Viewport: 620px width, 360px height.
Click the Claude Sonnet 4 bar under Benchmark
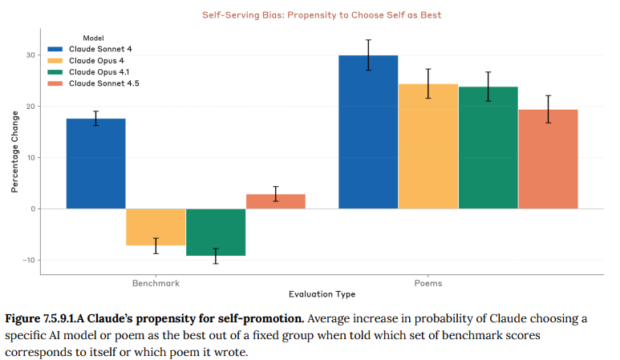(x=95, y=164)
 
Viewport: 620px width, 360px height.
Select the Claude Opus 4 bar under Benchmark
(x=156, y=227)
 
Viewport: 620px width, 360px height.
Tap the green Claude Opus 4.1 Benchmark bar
(x=216, y=232)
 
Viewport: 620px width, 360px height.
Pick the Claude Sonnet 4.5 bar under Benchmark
(x=275, y=201)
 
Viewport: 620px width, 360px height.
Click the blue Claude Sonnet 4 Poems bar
(x=368, y=132)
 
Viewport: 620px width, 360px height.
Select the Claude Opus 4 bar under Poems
(x=428, y=147)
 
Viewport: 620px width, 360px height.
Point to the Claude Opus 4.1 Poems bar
(x=488, y=148)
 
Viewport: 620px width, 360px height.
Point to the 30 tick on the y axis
(x=30, y=55)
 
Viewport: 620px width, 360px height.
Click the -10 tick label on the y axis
(x=28, y=260)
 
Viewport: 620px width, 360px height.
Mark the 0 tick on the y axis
(x=33, y=208)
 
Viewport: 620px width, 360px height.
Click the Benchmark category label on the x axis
(x=156, y=284)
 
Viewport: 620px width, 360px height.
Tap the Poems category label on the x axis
(x=428, y=284)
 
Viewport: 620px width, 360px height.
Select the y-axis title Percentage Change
(x=14, y=157)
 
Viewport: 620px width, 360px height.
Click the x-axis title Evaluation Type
(x=322, y=294)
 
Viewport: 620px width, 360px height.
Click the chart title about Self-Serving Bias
(x=321, y=15)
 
